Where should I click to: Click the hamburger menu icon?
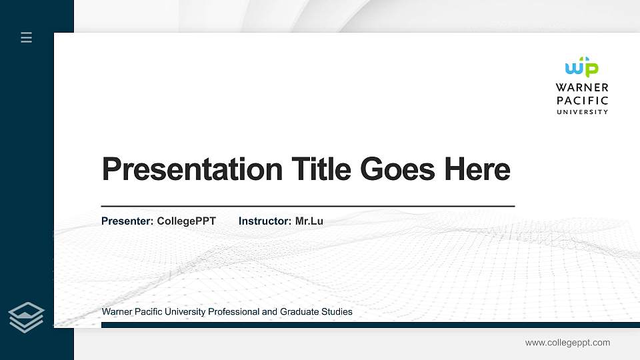tap(26, 38)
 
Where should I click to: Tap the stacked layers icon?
tap(26, 316)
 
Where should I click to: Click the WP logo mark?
tap(581, 67)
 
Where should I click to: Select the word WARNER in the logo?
tap(582, 87)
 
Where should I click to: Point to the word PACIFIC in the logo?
tap(582, 100)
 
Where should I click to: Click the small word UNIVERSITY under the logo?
tap(582, 112)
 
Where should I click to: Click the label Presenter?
tap(127, 221)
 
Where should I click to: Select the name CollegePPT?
tap(186, 221)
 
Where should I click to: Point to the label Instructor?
tap(265, 221)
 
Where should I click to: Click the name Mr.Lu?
tap(309, 221)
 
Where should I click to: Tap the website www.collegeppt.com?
tap(567, 343)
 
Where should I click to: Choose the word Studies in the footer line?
tap(336, 312)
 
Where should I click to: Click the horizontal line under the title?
tap(307, 207)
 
